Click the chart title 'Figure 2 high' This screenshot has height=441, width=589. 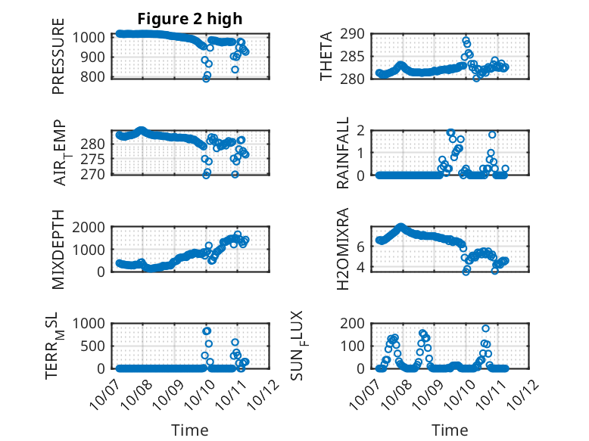click(189, 19)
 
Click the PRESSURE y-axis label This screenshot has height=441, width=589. click(58, 57)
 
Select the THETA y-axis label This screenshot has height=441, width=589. click(327, 57)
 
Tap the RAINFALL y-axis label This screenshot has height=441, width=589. click(343, 153)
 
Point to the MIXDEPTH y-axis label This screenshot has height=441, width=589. click(58, 249)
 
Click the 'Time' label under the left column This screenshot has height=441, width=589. click(190, 430)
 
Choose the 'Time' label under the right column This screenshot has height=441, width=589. click(450, 430)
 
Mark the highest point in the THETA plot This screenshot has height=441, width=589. click(466, 39)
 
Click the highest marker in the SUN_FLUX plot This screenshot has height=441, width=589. click(485, 328)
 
